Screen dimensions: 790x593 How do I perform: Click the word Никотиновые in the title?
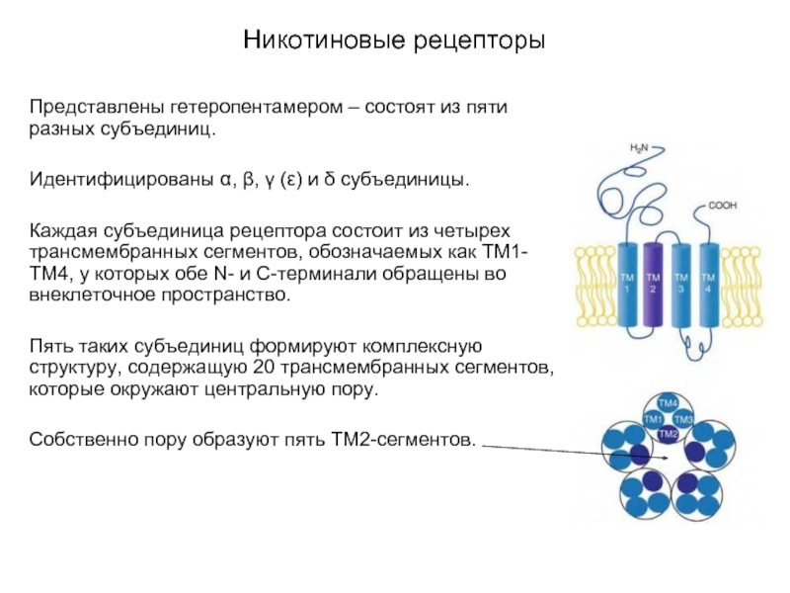tap(324, 40)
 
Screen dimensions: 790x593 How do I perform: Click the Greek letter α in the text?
tap(226, 180)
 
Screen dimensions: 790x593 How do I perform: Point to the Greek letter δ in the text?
tap(330, 179)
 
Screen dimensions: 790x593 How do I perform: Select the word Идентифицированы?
tap(121, 180)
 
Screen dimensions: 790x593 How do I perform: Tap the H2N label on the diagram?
tap(639, 148)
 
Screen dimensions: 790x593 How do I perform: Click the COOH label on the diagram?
tap(723, 206)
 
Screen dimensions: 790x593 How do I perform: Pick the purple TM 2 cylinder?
tap(653, 285)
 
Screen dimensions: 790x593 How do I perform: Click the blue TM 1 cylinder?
tap(627, 285)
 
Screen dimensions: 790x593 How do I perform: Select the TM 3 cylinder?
tap(681, 285)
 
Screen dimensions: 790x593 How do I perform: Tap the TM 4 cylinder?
tap(708, 285)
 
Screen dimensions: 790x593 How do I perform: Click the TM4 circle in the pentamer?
tap(669, 403)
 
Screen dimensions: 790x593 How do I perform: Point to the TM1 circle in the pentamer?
tap(653, 419)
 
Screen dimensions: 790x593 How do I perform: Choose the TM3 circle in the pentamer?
tap(683, 419)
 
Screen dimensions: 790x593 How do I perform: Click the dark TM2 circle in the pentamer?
tap(669, 434)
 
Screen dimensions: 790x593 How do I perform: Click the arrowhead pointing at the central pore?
tap(666, 458)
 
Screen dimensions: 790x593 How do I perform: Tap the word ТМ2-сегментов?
tap(403, 440)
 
